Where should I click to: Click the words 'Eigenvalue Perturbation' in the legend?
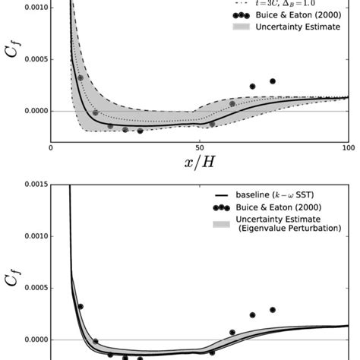[292, 229]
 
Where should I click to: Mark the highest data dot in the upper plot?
[273, 81]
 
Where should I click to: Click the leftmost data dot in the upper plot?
[81, 78]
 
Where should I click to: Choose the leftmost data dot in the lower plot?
[81, 307]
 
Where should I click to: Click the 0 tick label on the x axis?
[51, 148]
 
